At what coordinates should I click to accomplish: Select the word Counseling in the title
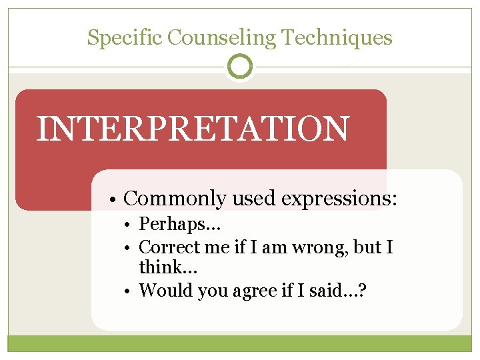[x=221, y=38]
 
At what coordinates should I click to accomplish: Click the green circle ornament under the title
[x=240, y=67]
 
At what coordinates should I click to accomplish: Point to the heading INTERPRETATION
[x=192, y=129]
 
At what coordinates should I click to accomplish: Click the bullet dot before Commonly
[x=115, y=199]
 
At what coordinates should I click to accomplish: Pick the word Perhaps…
[x=179, y=226]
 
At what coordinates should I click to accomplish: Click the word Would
[x=164, y=290]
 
